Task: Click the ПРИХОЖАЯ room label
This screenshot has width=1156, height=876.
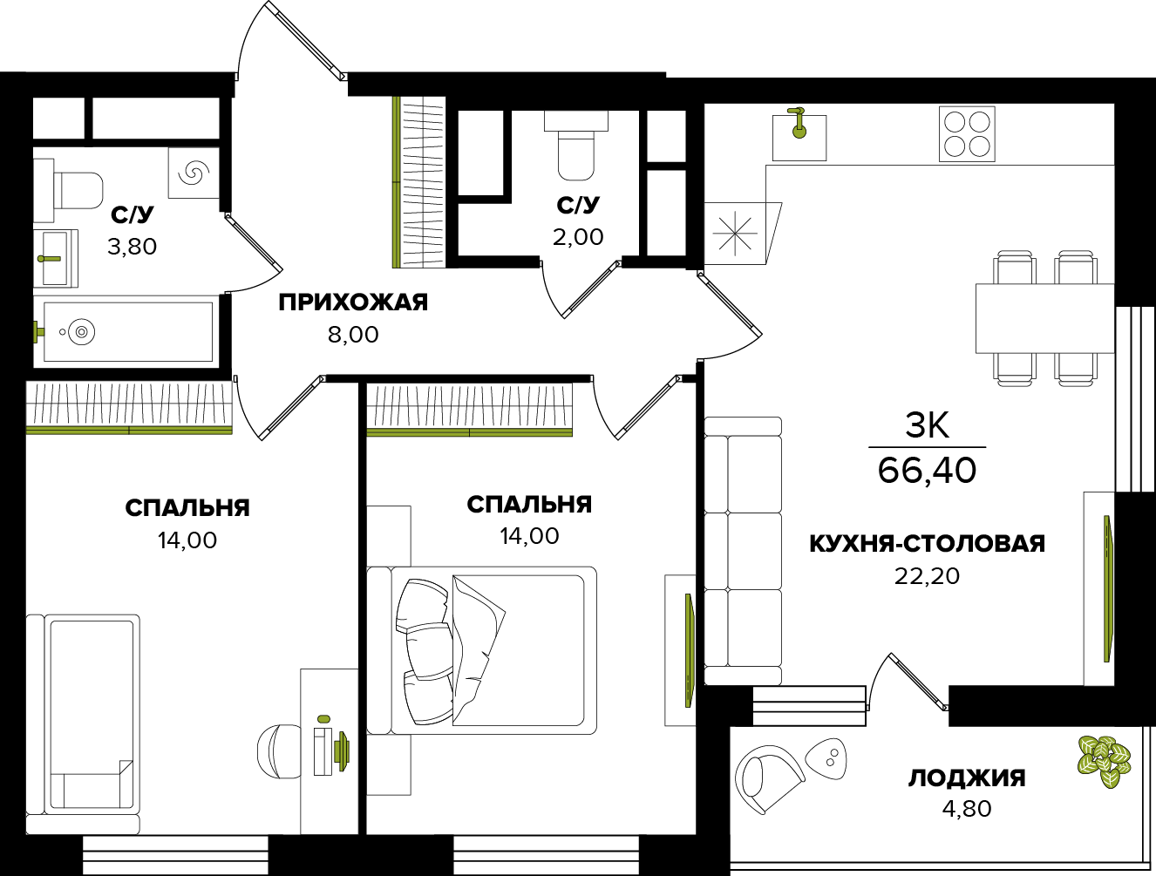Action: [x=353, y=302]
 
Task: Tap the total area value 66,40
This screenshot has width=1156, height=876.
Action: [x=927, y=471]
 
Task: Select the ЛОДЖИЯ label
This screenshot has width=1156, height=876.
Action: [x=967, y=778]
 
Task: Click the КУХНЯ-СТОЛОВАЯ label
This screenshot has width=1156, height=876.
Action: [x=927, y=544]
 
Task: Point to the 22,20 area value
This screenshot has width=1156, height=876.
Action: [x=927, y=576]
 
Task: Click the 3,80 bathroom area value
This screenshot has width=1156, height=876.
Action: [x=132, y=247]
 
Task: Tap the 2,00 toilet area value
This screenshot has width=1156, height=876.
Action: [x=578, y=237]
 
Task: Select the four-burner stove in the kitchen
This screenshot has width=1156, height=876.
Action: [x=967, y=134]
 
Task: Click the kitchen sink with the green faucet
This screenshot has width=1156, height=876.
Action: [x=799, y=135]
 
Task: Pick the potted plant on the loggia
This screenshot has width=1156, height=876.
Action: [x=1104, y=761]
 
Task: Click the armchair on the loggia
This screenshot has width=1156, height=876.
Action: [x=768, y=778]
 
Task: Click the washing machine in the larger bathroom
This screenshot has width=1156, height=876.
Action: [x=194, y=173]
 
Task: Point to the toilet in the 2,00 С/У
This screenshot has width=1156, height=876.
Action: [x=575, y=148]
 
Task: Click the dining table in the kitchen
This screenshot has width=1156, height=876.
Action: [x=1044, y=318]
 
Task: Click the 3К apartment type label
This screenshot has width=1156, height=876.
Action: [x=927, y=425]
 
